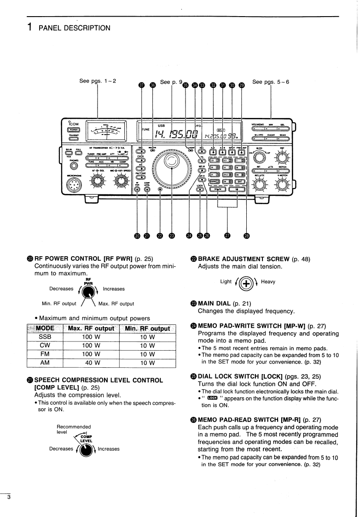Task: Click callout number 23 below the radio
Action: [172, 236]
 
